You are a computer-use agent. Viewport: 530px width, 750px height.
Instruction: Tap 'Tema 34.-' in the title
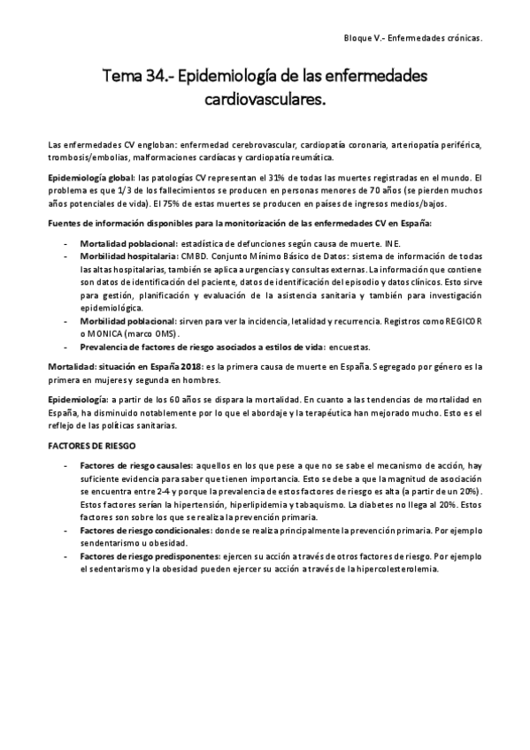[x=138, y=77]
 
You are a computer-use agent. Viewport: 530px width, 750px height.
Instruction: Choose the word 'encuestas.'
[x=351, y=348]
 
